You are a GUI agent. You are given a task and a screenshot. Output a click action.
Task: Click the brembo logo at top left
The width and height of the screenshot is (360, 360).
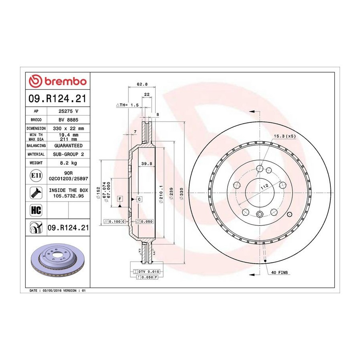58,81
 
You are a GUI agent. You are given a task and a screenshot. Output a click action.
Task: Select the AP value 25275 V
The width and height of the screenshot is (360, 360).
68,111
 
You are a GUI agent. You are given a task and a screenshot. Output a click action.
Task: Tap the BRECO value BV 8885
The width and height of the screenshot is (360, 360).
68,120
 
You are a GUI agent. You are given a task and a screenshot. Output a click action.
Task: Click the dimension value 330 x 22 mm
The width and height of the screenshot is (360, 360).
68,128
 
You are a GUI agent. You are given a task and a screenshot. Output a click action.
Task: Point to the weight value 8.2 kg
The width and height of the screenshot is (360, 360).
68,163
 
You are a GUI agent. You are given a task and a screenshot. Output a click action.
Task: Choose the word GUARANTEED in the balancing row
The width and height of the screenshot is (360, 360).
68,146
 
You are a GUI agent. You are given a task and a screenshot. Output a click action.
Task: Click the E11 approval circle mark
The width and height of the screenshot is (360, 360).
36,176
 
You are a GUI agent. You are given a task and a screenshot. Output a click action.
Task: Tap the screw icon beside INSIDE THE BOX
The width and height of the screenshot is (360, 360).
36,193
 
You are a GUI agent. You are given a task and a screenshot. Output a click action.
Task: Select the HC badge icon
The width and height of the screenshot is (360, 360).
36,210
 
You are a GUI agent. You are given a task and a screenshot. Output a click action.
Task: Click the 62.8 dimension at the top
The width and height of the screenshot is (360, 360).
142,84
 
